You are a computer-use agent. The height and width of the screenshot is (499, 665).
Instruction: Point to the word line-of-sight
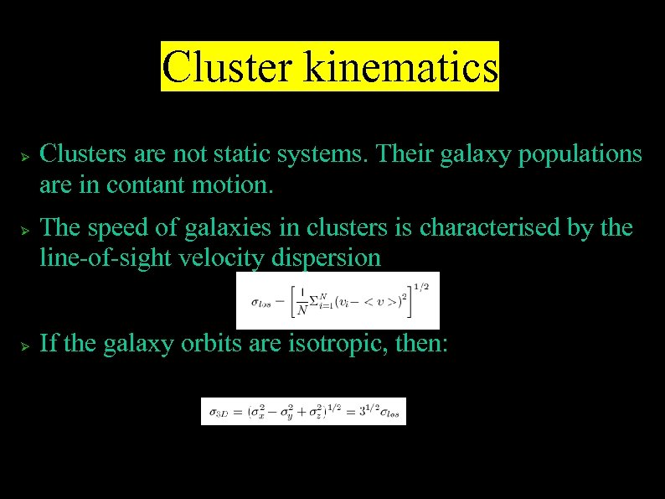[106, 257]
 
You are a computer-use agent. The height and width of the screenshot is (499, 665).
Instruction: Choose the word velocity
[224, 257]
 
